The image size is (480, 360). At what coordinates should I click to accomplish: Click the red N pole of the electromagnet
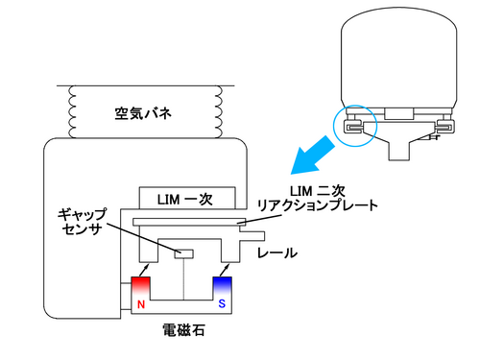point(140,285)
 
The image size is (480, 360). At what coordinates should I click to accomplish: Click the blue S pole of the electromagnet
point(223,285)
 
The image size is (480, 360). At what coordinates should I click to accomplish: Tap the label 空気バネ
point(143,113)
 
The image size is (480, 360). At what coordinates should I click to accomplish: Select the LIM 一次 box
point(187,198)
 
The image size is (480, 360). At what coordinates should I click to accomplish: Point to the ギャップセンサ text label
point(83,222)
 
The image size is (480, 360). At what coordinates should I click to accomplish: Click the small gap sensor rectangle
point(183,253)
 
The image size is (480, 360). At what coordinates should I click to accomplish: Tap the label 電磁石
point(183,330)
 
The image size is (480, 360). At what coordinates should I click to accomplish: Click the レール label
point(277,253)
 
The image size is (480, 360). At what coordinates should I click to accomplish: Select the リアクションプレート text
point(318,205)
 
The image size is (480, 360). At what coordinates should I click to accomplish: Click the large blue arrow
point(312,156)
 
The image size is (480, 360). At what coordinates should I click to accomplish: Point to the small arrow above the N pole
point(144,270)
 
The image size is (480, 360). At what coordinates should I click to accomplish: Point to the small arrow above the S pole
point(225,270)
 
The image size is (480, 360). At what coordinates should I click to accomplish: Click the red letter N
point(141,304)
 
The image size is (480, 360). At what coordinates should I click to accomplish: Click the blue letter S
point(222,303)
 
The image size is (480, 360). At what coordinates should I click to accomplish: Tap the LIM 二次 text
point(317,191)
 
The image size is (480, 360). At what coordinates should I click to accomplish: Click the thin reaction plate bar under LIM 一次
point(189,222)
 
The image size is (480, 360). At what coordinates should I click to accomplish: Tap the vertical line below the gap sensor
point(183,279)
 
